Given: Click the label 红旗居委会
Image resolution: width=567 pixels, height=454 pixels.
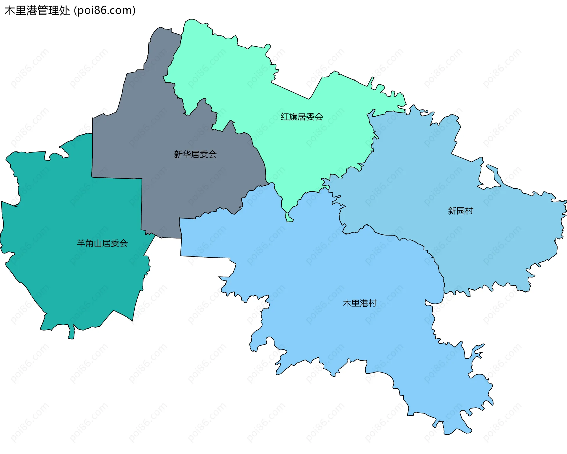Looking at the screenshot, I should click(x=302, y=117).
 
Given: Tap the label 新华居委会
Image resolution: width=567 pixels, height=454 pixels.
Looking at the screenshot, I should click(x=195, y=154).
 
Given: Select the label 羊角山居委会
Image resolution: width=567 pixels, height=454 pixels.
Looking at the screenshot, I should click(x=102, y=243).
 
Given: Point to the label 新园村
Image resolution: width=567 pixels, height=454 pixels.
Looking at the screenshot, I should click(x=460, y=211).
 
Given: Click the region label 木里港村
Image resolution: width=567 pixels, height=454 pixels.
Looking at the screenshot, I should click(x=359, y=303).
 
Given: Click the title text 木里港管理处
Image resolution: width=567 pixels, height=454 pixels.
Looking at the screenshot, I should click(x=37, y=11).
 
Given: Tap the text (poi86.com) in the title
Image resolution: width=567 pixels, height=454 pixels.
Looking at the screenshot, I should click(x=105, y=11).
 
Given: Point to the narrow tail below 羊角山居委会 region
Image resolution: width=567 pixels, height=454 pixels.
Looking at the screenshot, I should click(x=71, y=333).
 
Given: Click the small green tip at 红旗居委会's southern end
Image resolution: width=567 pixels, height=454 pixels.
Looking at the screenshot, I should click(x=289, y=218).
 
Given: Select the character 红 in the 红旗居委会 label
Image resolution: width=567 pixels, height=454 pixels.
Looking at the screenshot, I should click(x=285, y=117).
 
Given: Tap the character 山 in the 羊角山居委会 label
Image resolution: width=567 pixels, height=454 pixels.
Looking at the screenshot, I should click(x=98, y=243).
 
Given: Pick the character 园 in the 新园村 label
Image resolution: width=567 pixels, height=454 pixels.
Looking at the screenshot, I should click(x=460, y=211).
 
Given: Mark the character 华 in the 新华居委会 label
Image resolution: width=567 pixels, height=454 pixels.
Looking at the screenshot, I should click(x=187, y=154).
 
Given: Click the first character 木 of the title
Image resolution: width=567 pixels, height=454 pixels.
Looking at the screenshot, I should click(x=10, y=11).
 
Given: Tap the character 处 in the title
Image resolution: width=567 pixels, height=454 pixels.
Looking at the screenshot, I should click(x=64, y=11).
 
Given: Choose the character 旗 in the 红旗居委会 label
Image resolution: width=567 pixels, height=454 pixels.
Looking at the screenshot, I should click(x=293, y=117).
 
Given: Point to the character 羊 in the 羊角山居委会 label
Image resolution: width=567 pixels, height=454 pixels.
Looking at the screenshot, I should click(x=81, y=243).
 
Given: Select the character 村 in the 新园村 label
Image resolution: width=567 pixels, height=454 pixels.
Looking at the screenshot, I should click(x=469, y=211).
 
